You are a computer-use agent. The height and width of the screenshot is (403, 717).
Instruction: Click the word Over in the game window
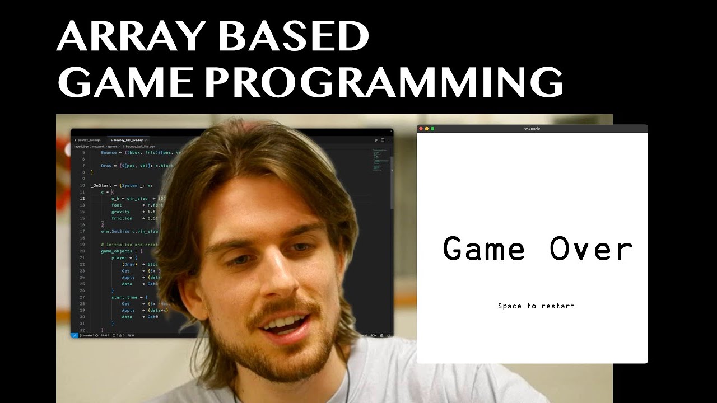click(x=591, y=249)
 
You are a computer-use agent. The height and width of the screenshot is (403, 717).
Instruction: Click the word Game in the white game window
click(x=484, y=249)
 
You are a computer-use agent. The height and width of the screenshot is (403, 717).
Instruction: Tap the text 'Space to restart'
click(x=536, y=306)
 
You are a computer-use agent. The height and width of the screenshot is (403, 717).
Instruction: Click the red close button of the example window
click(x=421, y=129)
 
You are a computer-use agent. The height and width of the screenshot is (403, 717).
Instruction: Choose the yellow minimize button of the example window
click(x=427, y=129)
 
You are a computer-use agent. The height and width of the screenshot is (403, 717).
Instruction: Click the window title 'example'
click(x=532, y=129)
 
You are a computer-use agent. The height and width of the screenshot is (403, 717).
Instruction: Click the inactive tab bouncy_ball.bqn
click(x=89, y=140)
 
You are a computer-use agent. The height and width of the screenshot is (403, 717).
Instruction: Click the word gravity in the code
click(x=120, y=212)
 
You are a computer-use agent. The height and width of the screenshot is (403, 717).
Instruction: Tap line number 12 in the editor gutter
click(x=82, y=199)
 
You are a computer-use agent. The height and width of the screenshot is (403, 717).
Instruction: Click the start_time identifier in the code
click(x=124, y=297)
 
